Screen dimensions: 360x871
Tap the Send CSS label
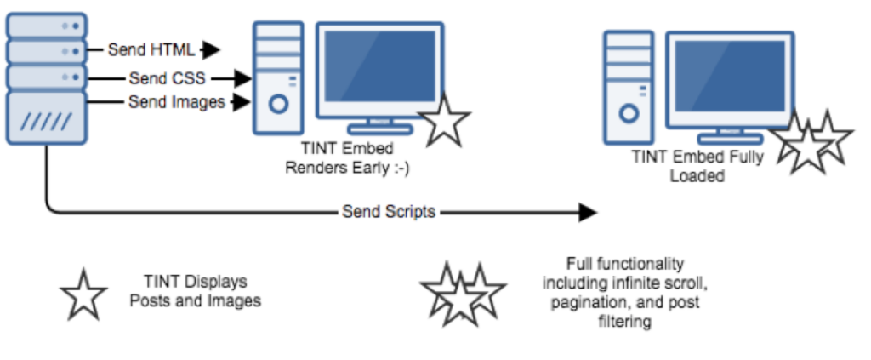(x=167, y=78)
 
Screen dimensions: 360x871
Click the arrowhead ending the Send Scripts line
(x=587, y=212)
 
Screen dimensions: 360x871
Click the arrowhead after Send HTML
(x=211, y=49)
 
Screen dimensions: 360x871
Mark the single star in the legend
(x=83, y=294)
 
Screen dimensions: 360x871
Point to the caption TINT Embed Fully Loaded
(x=697, y=166)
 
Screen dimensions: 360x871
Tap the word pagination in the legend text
(x=584, y=303)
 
